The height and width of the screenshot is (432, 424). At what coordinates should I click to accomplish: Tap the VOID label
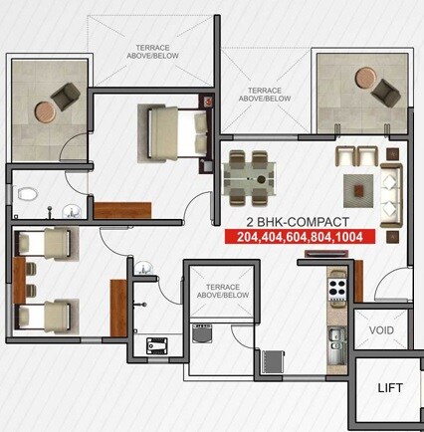(380, 329)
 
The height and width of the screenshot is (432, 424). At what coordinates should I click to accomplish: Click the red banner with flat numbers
(293, 238)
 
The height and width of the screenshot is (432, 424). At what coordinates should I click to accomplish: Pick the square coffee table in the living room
(357, 186)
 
